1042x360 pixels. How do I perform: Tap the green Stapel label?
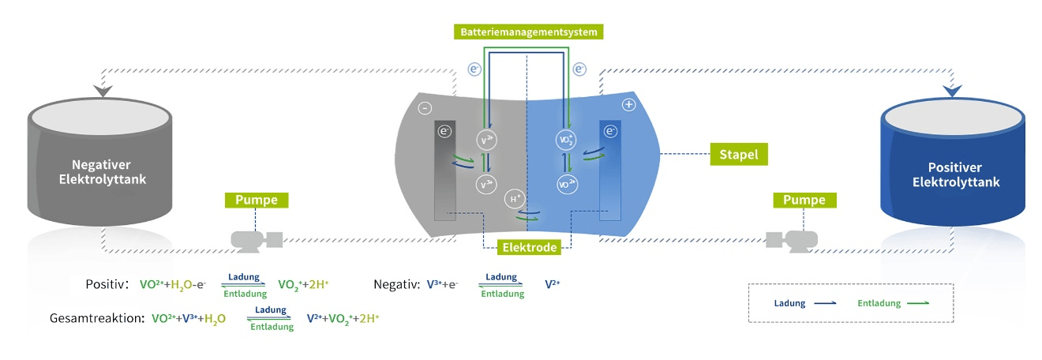point(739,155)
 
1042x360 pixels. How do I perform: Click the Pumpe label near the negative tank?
point(257,200)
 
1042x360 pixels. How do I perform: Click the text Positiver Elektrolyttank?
point(956,174)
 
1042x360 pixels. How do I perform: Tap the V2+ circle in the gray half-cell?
point(488,139)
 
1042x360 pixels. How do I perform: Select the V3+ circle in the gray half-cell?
point(488,185)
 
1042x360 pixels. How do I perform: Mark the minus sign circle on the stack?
point(425,107)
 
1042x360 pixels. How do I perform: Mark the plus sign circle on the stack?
point(629,104)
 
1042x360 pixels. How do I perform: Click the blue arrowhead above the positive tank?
point(952,90)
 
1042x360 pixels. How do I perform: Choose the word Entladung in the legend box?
point(875,302)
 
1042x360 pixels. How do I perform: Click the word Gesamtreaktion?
point(96,318)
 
